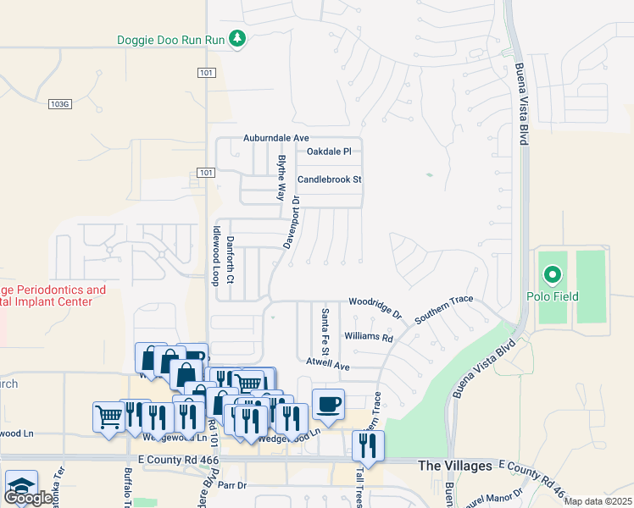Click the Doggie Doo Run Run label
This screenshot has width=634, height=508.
[172, 40]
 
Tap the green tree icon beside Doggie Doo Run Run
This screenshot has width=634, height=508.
[238, 39]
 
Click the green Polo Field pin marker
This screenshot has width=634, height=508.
[553, 274]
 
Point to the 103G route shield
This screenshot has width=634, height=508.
[58, 103]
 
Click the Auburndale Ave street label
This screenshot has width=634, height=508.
[277, 137]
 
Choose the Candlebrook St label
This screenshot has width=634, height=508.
[330, 179]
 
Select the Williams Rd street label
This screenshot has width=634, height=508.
[370, 337]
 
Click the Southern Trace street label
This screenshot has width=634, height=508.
[448, 309]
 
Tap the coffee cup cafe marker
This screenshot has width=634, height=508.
[328, 403]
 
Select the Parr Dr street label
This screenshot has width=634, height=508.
[231, 486]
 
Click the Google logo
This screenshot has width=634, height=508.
[29, 498]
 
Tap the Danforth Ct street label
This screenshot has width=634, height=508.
[231, 259]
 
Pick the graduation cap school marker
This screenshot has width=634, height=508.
[20, 485]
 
